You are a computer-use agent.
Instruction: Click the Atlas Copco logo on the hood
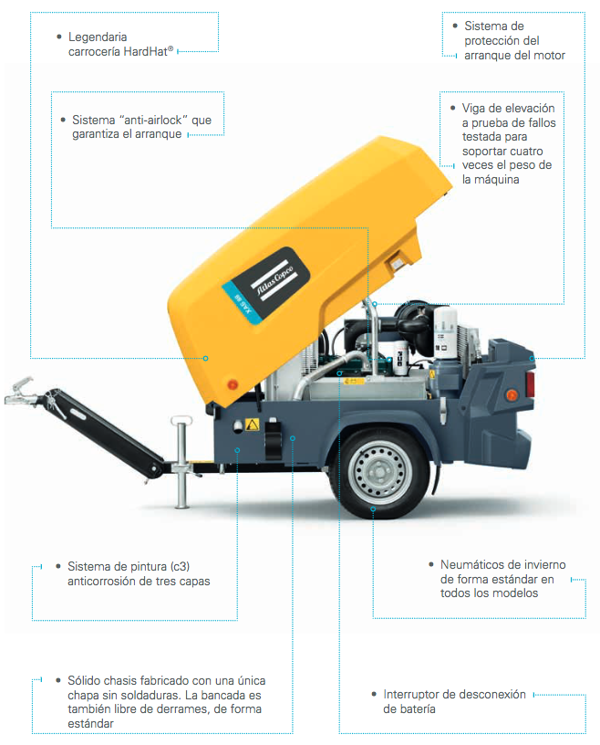click(274, 282)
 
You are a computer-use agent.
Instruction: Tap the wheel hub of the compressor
click(378, 472)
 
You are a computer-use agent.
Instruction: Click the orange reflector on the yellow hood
click(233, 383)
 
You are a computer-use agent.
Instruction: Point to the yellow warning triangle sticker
click(253, 425)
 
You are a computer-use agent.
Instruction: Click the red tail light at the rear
click(530, 383)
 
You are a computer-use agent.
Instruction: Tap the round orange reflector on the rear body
click(512, 395)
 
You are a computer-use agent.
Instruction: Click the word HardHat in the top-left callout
click(145, 51)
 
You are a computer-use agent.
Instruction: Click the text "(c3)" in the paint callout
click(180, 566)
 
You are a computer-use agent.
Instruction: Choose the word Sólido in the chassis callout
click(84, 680)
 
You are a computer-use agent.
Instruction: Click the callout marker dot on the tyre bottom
click(373, 509)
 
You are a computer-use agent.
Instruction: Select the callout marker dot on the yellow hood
click(205, 358)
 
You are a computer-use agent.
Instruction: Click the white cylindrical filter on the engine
click(445, 332)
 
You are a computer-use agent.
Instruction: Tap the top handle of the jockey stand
click(181, 421)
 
